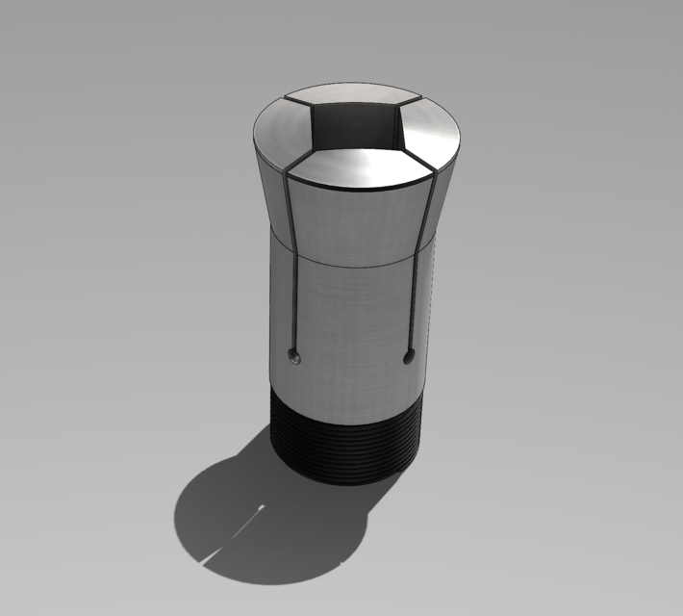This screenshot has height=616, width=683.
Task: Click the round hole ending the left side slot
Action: (295, 358)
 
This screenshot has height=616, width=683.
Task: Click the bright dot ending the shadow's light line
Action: (262, 506)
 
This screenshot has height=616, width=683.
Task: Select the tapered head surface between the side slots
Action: (356, 221)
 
